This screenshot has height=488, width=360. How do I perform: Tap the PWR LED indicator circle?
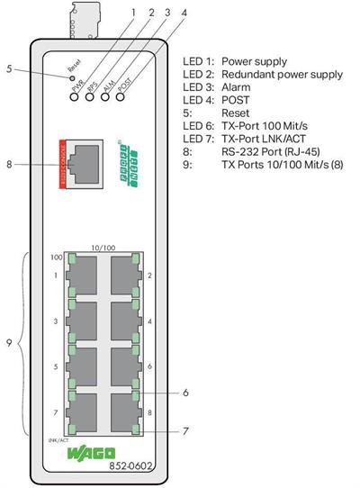(x=73, y=95)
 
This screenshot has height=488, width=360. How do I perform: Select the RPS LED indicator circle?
(x=89, y=95)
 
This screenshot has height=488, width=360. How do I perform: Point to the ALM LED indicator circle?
(x=106, y=95)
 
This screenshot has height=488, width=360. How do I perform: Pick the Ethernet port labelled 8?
(x=122, y=413)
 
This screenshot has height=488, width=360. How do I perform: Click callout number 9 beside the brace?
(x=8, y=343)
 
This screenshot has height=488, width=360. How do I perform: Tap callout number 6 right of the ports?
(x=184, y=393)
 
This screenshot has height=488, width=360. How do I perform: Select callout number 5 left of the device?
(x=8, y=67)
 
